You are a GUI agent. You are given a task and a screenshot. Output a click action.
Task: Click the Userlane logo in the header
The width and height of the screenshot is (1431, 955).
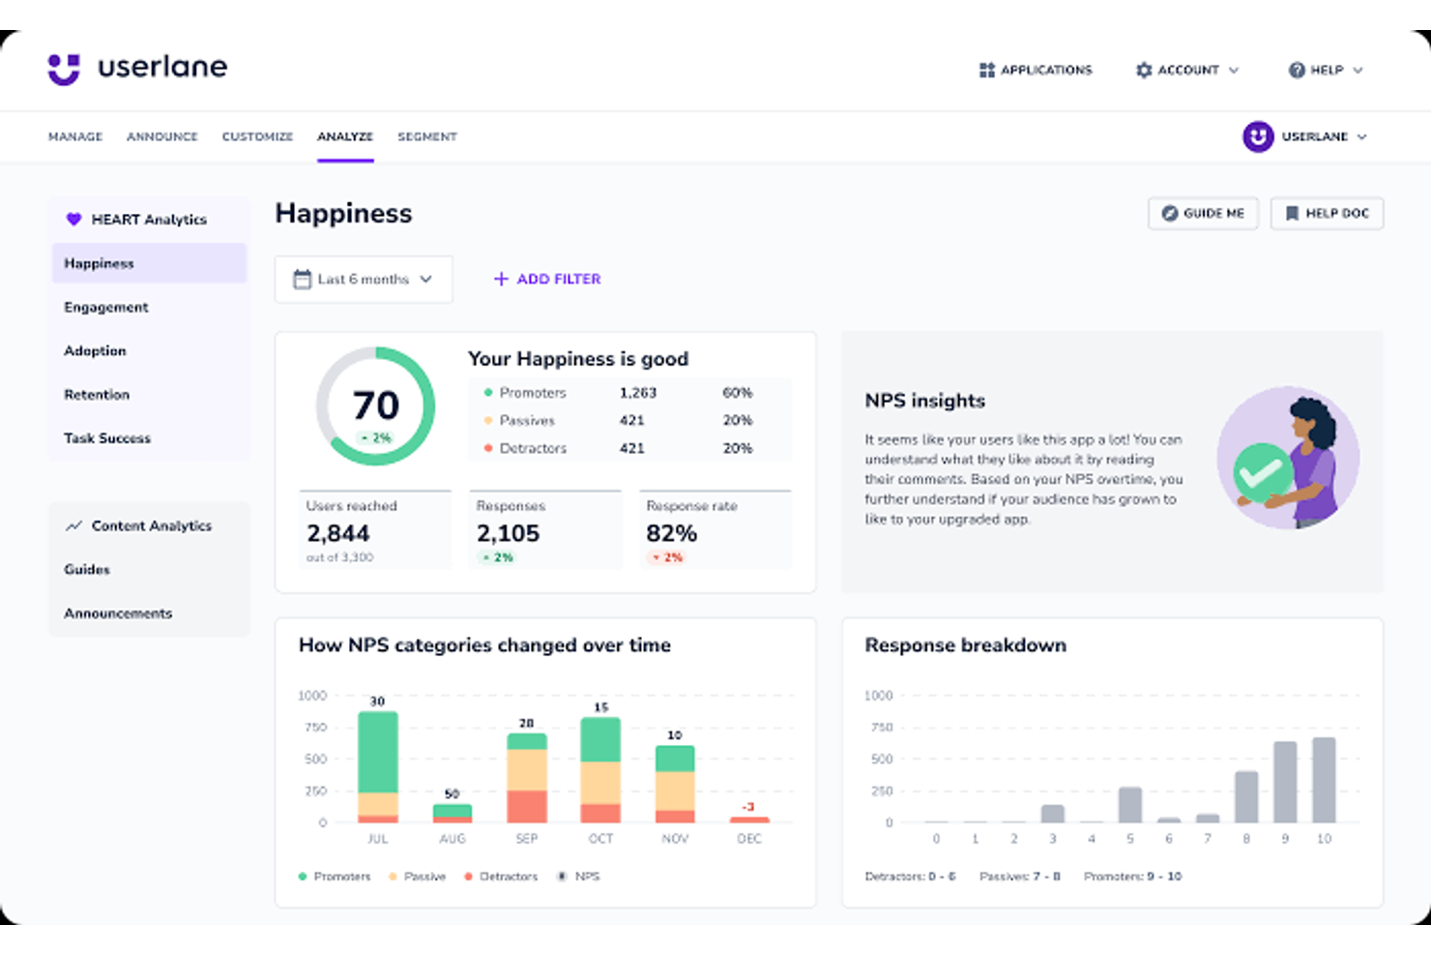click(137, 68)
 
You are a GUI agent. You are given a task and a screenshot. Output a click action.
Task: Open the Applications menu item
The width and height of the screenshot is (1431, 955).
click(1036, 70)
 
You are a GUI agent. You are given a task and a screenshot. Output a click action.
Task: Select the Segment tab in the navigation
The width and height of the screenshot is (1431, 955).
click(426, 136)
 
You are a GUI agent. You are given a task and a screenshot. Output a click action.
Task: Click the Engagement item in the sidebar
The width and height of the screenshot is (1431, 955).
click(106, 307)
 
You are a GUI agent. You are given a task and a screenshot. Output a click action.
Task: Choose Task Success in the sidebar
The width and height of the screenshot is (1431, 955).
click(107, 438)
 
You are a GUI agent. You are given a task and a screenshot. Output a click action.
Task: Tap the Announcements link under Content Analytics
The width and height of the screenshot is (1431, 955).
click(118, 613)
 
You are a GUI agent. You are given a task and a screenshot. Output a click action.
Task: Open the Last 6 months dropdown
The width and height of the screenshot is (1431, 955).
click(364, 280)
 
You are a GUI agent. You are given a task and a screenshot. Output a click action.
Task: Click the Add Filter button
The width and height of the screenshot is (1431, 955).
click(547, 280)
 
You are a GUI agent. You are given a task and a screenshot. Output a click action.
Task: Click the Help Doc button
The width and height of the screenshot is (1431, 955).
click(1327, 214)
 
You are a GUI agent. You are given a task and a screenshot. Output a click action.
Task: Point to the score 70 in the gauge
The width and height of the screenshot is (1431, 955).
click(375, 405)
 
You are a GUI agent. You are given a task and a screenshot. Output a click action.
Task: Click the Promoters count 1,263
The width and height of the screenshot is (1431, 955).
click(637, 393)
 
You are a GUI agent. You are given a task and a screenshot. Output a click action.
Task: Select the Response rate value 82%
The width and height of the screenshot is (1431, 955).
click(671, 533)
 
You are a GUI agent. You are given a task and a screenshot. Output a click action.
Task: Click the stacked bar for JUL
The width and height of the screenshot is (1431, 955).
click(378, 766)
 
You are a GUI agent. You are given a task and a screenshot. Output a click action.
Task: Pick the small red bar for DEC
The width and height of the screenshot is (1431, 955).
click(749, 820)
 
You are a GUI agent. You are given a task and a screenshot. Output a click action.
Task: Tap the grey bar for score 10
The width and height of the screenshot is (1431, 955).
click(1324, 780)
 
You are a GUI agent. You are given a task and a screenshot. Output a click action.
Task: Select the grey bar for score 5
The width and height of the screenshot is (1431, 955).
click(1129, 804)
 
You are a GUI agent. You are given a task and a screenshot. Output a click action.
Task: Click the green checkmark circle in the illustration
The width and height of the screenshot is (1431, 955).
click(1262, 472)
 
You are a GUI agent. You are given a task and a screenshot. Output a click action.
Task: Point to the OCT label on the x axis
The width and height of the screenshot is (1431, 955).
click(600, 839)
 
